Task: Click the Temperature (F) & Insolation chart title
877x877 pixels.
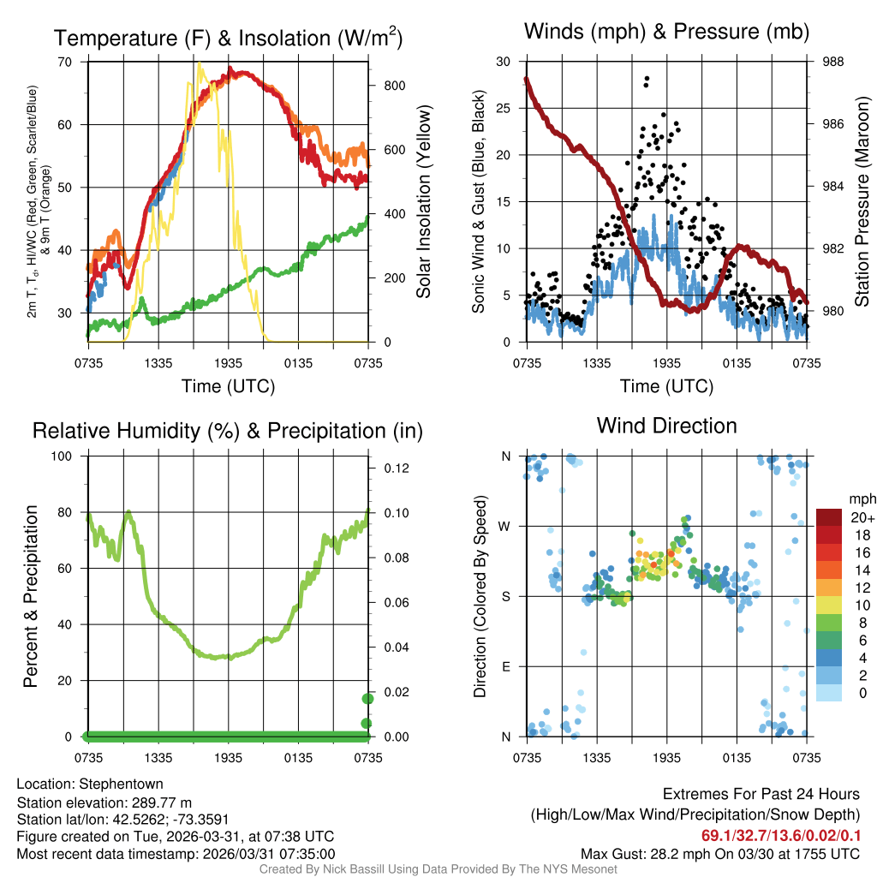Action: [x=228, y=38]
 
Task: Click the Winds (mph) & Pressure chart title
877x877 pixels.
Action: [x=666, y=33]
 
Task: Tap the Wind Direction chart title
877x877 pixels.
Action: [x=666, y=426]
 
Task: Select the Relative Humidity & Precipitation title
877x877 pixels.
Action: [x=227, y=431]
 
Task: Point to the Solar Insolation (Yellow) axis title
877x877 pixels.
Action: [x=424, y=201]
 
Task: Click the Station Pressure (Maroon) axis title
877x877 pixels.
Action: [x=862, y=201]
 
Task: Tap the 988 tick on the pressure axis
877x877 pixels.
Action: [x=832, y=62]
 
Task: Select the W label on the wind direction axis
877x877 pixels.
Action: [x=505, y=526]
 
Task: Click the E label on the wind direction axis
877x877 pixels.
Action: [x=506, y=665]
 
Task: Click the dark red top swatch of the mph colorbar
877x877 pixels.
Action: [x=830, y=517]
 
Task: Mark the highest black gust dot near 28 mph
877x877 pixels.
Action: [x=647, y=79]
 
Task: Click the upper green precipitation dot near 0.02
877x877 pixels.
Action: [x=367, y=698]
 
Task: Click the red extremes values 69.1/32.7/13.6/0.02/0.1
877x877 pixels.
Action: [x=781, y=835]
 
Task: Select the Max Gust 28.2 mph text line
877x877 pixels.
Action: [x=719, y=853]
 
